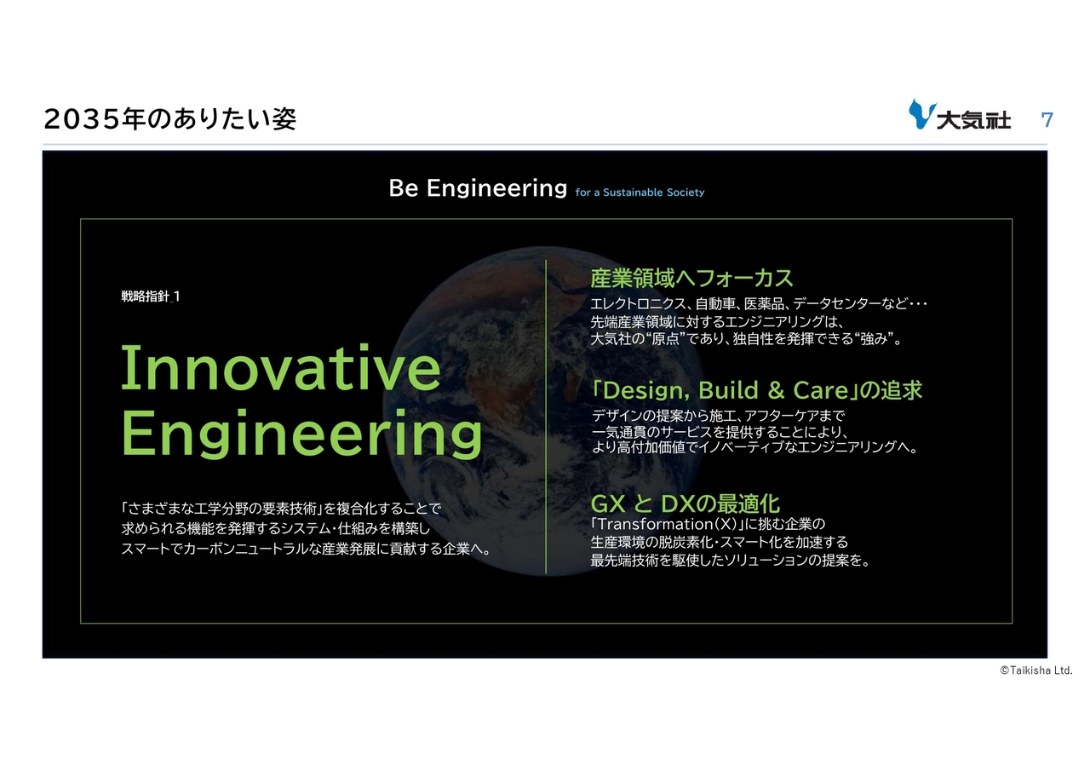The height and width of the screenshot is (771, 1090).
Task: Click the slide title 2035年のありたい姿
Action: coord(169,119)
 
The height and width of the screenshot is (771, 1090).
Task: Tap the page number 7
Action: coord(1047,120)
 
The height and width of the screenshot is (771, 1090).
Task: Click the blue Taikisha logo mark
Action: coord(922,114)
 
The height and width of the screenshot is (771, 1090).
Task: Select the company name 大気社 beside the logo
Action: coord(973,121)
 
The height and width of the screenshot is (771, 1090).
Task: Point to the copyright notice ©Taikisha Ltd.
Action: coord(1036,670)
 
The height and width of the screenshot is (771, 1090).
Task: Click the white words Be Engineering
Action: coord(478,188)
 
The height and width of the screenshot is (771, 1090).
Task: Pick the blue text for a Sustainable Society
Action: coord(640,193)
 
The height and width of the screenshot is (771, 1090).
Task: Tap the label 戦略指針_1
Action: coord(151,296)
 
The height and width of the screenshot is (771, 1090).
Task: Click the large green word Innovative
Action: coord(281,367)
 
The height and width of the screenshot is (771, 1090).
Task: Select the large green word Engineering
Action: coord(301,434)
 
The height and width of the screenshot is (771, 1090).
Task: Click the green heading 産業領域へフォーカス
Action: coord(691,279)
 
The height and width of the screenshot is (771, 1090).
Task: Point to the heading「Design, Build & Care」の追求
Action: coord(757,390)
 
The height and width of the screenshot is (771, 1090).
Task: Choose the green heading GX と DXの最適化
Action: coord(686,503)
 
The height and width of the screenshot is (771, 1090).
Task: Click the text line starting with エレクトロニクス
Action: coord(759,304)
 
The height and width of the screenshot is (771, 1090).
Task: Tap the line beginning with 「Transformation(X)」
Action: coord(708,524)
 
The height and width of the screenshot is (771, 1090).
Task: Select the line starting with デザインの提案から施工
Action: coord(718,416)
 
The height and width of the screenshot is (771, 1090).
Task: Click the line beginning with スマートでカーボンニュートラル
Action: coord(306,549)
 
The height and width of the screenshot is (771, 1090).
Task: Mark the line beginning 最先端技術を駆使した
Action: coord(730,561)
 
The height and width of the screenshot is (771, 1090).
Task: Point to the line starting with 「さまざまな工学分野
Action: coord(281,509)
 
